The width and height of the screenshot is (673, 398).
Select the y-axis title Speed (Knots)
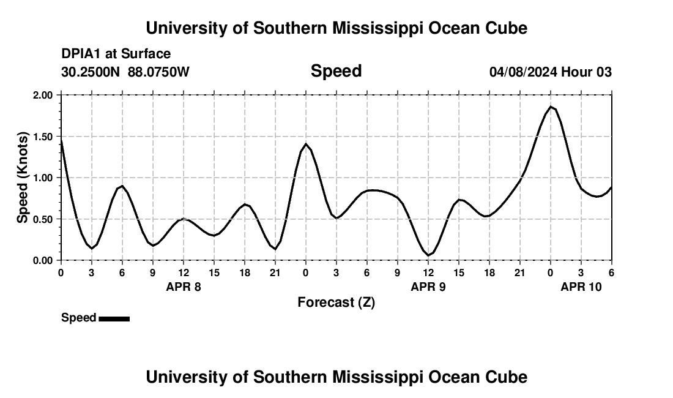tap(23, 178)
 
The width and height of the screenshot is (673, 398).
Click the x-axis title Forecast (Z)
tap(336, 302)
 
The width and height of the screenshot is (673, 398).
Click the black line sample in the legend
tap(114, 318)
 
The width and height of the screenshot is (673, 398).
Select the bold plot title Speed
tap(336, 71)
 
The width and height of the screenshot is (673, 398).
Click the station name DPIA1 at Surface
tap(116, 54)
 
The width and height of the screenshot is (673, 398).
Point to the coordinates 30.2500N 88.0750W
tap(125, 72)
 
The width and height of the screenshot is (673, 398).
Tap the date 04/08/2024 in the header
tap(523, 72)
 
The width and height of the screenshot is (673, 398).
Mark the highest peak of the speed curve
tap(551, 107)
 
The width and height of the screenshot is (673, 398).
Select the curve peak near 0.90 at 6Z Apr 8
tap(122, 186)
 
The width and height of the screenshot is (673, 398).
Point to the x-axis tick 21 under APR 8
tap(275, 272)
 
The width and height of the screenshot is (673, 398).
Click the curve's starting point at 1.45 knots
tap(61, 141)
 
